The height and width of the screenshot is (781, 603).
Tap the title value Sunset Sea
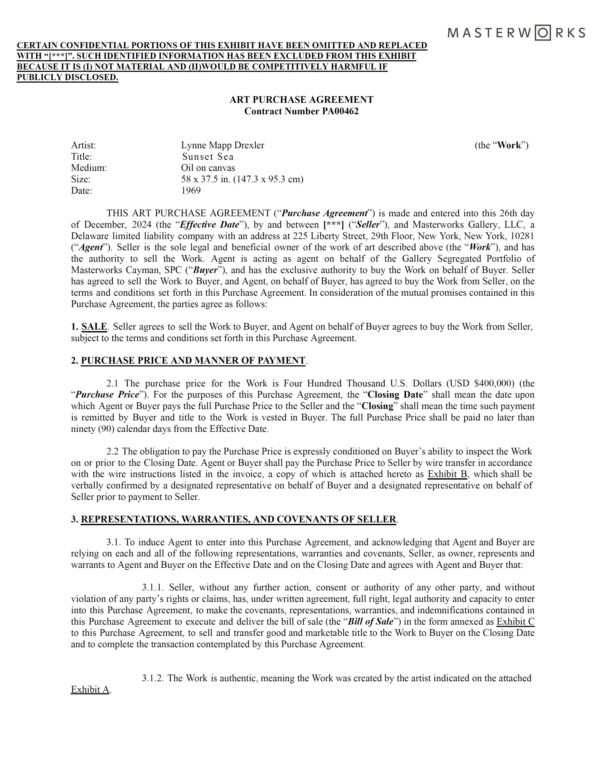point(208,157)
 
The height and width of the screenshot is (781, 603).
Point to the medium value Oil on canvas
point(208,168)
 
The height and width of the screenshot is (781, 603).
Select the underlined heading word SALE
point(94,326)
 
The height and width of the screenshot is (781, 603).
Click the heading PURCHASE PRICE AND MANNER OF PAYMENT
point(193,360)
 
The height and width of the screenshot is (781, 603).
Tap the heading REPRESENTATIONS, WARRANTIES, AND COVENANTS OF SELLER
point(238,519)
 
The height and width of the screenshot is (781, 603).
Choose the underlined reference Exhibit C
point(515,622)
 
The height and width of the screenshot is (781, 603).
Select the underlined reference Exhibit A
point(90,690)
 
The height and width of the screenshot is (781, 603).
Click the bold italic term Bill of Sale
point(370,622)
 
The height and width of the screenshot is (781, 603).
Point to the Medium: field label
point(89,168)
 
